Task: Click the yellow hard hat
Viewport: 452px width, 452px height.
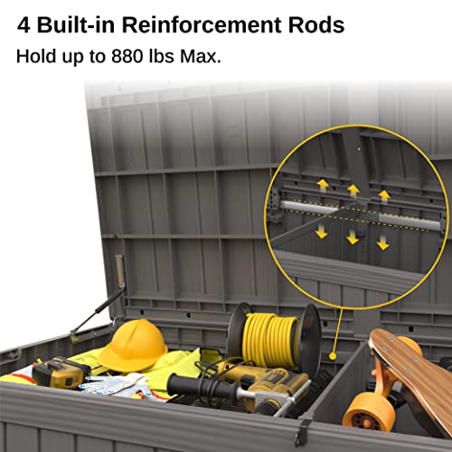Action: pos(133,346)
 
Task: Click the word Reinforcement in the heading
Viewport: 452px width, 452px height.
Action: pos(202,25)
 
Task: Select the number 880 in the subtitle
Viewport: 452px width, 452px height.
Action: pos(127,56)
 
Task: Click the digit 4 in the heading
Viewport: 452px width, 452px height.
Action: pos(24,25)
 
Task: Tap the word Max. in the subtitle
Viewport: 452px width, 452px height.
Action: pos(201,56)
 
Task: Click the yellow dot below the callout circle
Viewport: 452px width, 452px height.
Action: pos(333,356)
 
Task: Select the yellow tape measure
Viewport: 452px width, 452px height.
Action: pos(61,373)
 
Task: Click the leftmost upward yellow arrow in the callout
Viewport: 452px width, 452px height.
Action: pos(323,185)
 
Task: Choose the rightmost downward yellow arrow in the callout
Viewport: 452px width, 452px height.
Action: pos(382,242)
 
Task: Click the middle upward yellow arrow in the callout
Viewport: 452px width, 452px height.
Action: pos(353,191)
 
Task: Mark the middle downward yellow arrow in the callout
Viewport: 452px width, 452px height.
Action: pos(353,237)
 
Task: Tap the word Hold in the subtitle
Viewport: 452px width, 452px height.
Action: pos(36,56)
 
